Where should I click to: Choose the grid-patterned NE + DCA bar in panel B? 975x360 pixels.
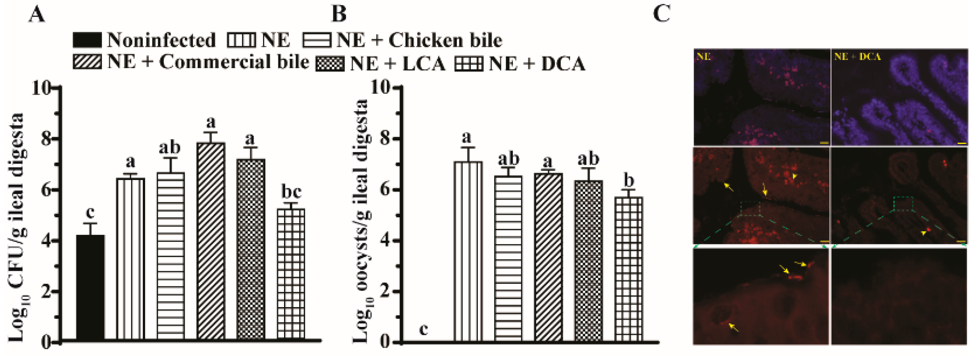pos(629,269)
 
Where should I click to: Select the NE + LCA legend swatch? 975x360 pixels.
pos(330,64)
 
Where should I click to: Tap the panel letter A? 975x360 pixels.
pos(37,15)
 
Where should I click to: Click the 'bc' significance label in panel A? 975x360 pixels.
pos(291,192)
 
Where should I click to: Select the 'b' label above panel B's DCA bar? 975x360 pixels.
pos(629,181)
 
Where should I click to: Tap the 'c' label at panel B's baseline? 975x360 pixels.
pos(424,329)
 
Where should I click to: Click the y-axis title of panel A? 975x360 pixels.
pos(17,227)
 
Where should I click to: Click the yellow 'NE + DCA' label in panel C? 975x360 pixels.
pos(857,57)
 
